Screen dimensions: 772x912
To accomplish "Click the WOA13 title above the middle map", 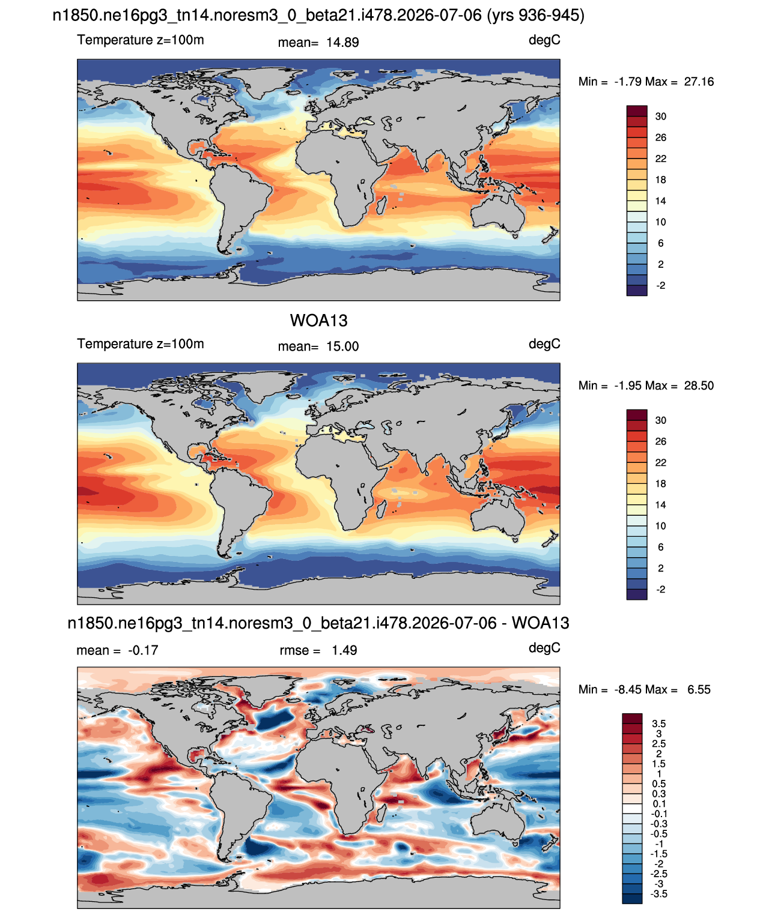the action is click(318, 321).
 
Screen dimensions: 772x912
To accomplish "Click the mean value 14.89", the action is click(342, 43).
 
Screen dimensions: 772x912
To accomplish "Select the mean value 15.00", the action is click(342, 346).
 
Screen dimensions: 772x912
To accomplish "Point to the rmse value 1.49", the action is click(344, 650).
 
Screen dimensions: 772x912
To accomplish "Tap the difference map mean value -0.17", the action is click(143, 650).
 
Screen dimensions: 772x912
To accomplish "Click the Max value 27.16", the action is click(699, 82).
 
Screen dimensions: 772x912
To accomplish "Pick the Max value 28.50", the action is click(699, 385).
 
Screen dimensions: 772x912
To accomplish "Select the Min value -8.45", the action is click(629, 689).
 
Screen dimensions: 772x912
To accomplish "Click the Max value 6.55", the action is click(699, 689).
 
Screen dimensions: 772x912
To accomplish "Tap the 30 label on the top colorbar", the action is click(660, 116).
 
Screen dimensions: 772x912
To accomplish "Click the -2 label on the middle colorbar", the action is click(660, 589).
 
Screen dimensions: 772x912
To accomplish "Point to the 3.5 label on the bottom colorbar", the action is click(658, 723).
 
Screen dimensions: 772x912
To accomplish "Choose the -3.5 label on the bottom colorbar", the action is click(658, 895).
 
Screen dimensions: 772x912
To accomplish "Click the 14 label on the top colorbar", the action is click(660, 201).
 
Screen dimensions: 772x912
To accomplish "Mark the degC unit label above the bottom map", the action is click(544, 648).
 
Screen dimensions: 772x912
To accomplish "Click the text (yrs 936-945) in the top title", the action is click(535, 16).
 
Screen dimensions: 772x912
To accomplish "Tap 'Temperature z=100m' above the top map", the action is click(141, 40).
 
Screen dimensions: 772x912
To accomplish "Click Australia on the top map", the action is click(499, 212).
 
